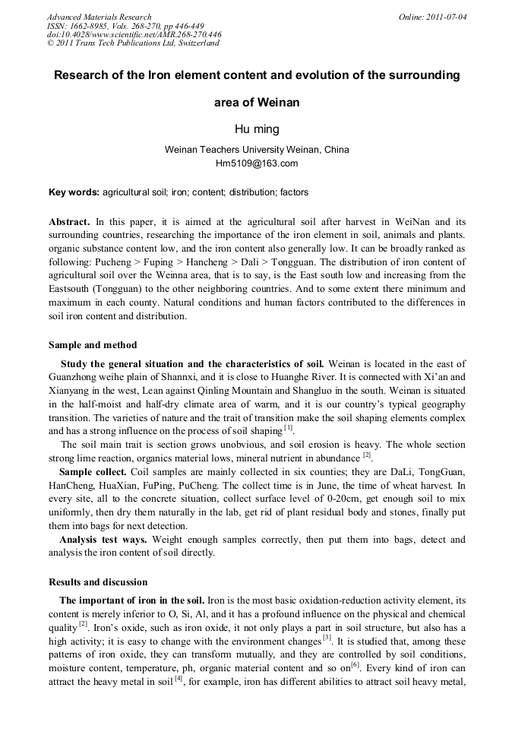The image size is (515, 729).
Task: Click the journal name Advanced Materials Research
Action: [x=99, y=17]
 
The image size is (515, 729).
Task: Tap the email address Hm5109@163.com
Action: [x=257, y=163]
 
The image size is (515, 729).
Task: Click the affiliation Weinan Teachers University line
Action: [x=257, y=150]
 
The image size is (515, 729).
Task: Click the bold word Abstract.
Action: [x=69, y=221]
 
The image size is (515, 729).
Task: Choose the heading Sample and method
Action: [x=93, y=345]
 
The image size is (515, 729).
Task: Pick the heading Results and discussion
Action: [x=98, y=582]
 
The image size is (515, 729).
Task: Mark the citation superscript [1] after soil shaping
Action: [x=289, y=427]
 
